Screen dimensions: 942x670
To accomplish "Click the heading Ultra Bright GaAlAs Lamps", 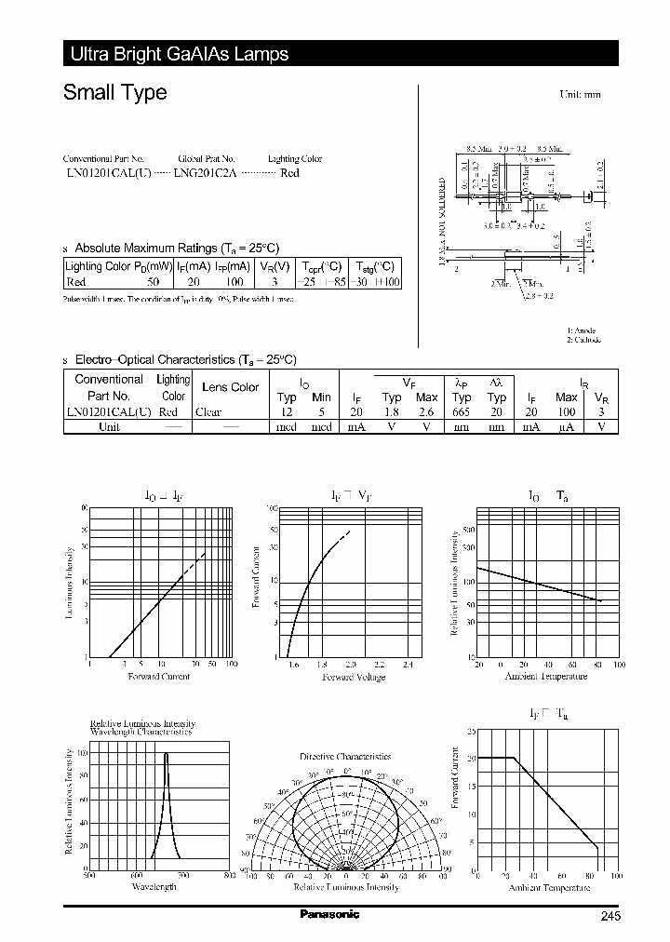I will tap(180, 54).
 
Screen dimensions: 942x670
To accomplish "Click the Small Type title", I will tap(114, 92).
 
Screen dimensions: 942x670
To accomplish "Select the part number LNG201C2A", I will tap(206, 174).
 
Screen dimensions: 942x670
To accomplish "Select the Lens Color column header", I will tap(230, 387).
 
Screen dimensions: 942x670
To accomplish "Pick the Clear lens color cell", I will tap(209, 411).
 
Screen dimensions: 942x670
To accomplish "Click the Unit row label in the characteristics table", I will tap(109, 426).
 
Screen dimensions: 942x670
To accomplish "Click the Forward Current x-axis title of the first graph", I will tap(158, 676).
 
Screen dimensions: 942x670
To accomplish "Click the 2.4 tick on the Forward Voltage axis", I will tap(408, 665).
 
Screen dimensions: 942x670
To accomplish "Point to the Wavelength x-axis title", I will tap(154, 887).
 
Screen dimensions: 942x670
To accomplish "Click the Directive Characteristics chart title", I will tap(345, 757).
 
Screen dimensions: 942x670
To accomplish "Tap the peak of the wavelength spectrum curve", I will tap(167, 753).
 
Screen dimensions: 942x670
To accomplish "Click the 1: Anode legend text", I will tap(582, 330).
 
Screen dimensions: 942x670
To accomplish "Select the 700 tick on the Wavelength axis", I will tap(182, 876).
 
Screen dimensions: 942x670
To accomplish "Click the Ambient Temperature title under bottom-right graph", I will tap(549, 887).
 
